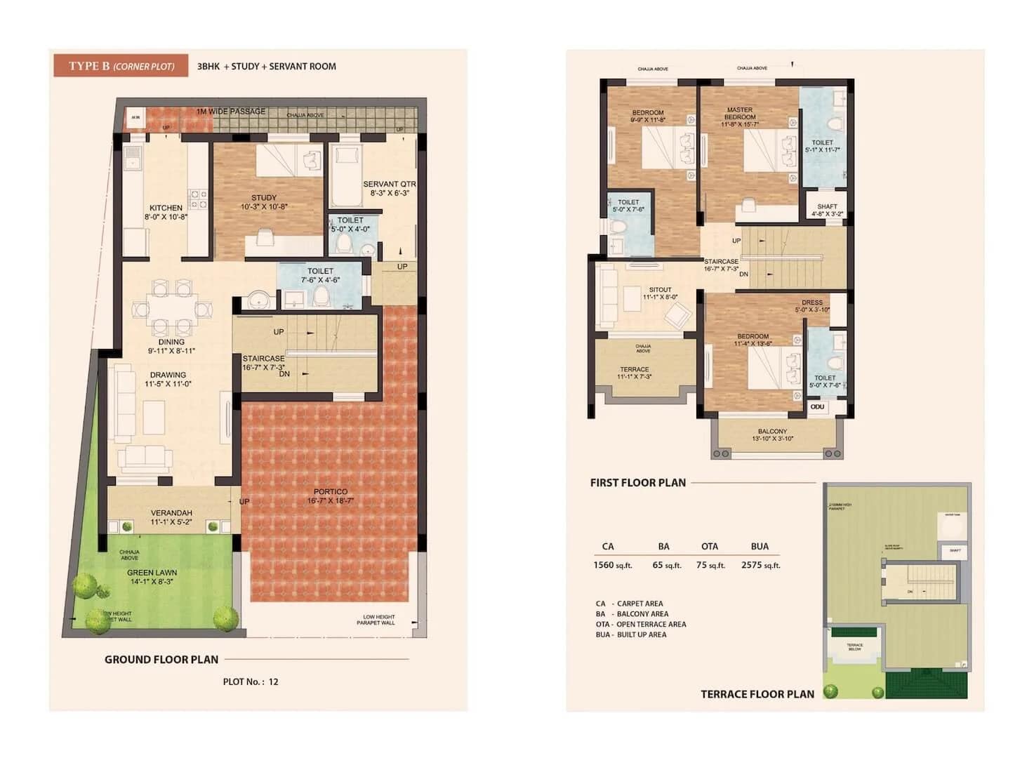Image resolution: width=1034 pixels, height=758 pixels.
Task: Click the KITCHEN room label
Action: click(x=166, y=208)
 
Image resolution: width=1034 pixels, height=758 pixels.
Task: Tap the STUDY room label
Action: click(x=264, y=198)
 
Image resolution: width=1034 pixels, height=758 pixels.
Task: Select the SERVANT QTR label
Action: click(x=390, y=185)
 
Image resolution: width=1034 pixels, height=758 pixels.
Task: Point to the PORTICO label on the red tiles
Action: click(x=330, y=492)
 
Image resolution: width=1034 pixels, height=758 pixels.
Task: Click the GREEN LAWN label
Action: click(x=152, y=573)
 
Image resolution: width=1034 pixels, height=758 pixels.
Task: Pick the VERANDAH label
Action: click(x=171, y=513)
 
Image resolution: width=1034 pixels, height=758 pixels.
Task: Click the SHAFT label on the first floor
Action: click(x=827, y=207)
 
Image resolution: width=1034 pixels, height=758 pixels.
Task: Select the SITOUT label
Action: click(x=660, y=290)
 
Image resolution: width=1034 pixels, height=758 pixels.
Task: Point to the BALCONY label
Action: click(x=772, y=432)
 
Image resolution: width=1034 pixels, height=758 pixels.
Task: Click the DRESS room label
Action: click(x=812, y=303)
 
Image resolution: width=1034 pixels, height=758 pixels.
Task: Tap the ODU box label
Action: click(x=818, y=406)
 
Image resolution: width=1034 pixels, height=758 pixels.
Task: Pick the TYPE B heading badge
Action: click(x=121, y=66)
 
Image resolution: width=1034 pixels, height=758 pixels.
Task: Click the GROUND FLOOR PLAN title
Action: click(x=161, y=660)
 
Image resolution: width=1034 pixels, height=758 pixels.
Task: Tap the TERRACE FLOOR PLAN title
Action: click(x=757, y=694)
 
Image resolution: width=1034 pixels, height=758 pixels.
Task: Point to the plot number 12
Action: click(x=273, y=681)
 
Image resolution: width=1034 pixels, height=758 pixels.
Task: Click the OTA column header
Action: click(x=709, y=546)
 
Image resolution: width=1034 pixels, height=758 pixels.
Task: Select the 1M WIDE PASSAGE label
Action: click(x=230, y=112)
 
